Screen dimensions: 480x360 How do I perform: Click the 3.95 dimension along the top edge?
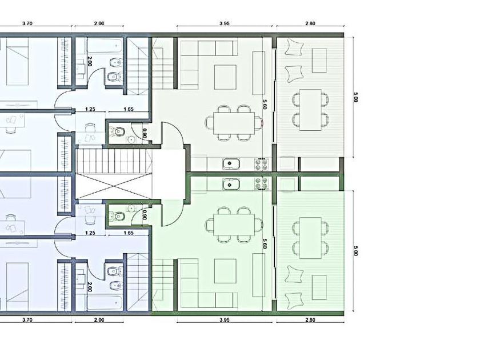[x=225, y=23]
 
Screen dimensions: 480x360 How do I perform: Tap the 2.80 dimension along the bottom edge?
[x=310, y=320]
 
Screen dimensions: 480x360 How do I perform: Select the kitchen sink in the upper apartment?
[x=231, y=164]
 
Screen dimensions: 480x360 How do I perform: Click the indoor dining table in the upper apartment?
[x=234, y=123]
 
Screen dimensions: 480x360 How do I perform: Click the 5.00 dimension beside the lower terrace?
[x=355, y=250]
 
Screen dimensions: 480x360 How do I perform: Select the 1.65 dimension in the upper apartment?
[x=129, y=109]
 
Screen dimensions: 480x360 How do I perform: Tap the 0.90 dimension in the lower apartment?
[x=145, y=216]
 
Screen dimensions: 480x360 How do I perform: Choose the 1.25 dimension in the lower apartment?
[x=90, y=233]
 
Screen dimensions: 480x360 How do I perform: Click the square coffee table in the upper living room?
[x=225, y=77]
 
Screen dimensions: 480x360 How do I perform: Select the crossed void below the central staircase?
[x=114, y=186]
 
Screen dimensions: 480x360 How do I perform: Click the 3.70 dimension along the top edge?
[x=27, y=23]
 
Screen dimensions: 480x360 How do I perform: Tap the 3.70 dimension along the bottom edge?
[x=27, y=320]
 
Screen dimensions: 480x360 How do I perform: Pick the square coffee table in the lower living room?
[x=225, y=271]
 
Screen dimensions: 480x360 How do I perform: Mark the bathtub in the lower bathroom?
[x=104, y=302]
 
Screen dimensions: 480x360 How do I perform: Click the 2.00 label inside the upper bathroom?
[x=90, y=61]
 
